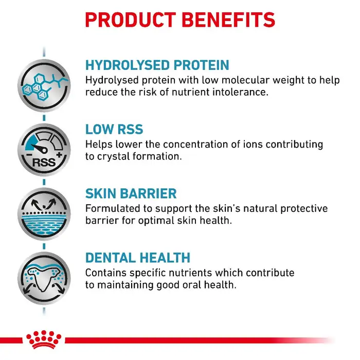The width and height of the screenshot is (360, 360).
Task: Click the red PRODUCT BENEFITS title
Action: pyautogui.click(x=180, y=20)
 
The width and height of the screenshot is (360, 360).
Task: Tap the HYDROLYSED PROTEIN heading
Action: pyautogui.click(x=157, y=65)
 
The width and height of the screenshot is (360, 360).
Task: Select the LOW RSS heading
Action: pyautogui.click(x=114, y=129)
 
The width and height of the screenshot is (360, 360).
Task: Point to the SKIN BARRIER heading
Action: pyautogui.click(x=131, y=193)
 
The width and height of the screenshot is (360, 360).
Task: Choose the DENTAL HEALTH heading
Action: pyautogui.click(x=138, y=258)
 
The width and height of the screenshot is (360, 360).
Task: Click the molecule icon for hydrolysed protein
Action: pyautogui.click(x=44, y=86)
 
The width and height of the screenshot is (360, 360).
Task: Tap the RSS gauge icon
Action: pyautogui.click(x=44, y=150)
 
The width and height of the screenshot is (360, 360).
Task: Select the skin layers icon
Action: pyautogui.click(x=44, y=214)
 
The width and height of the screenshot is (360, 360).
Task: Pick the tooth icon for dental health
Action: pyautogui.click(x=44, y=278)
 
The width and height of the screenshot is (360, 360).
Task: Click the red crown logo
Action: pyautogui.click(x=44, y=339)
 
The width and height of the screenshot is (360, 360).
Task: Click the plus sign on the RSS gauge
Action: pyautogui.click(x=59, y=155)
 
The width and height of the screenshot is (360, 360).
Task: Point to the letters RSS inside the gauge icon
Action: pyautogui.click(x=44, y=163)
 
